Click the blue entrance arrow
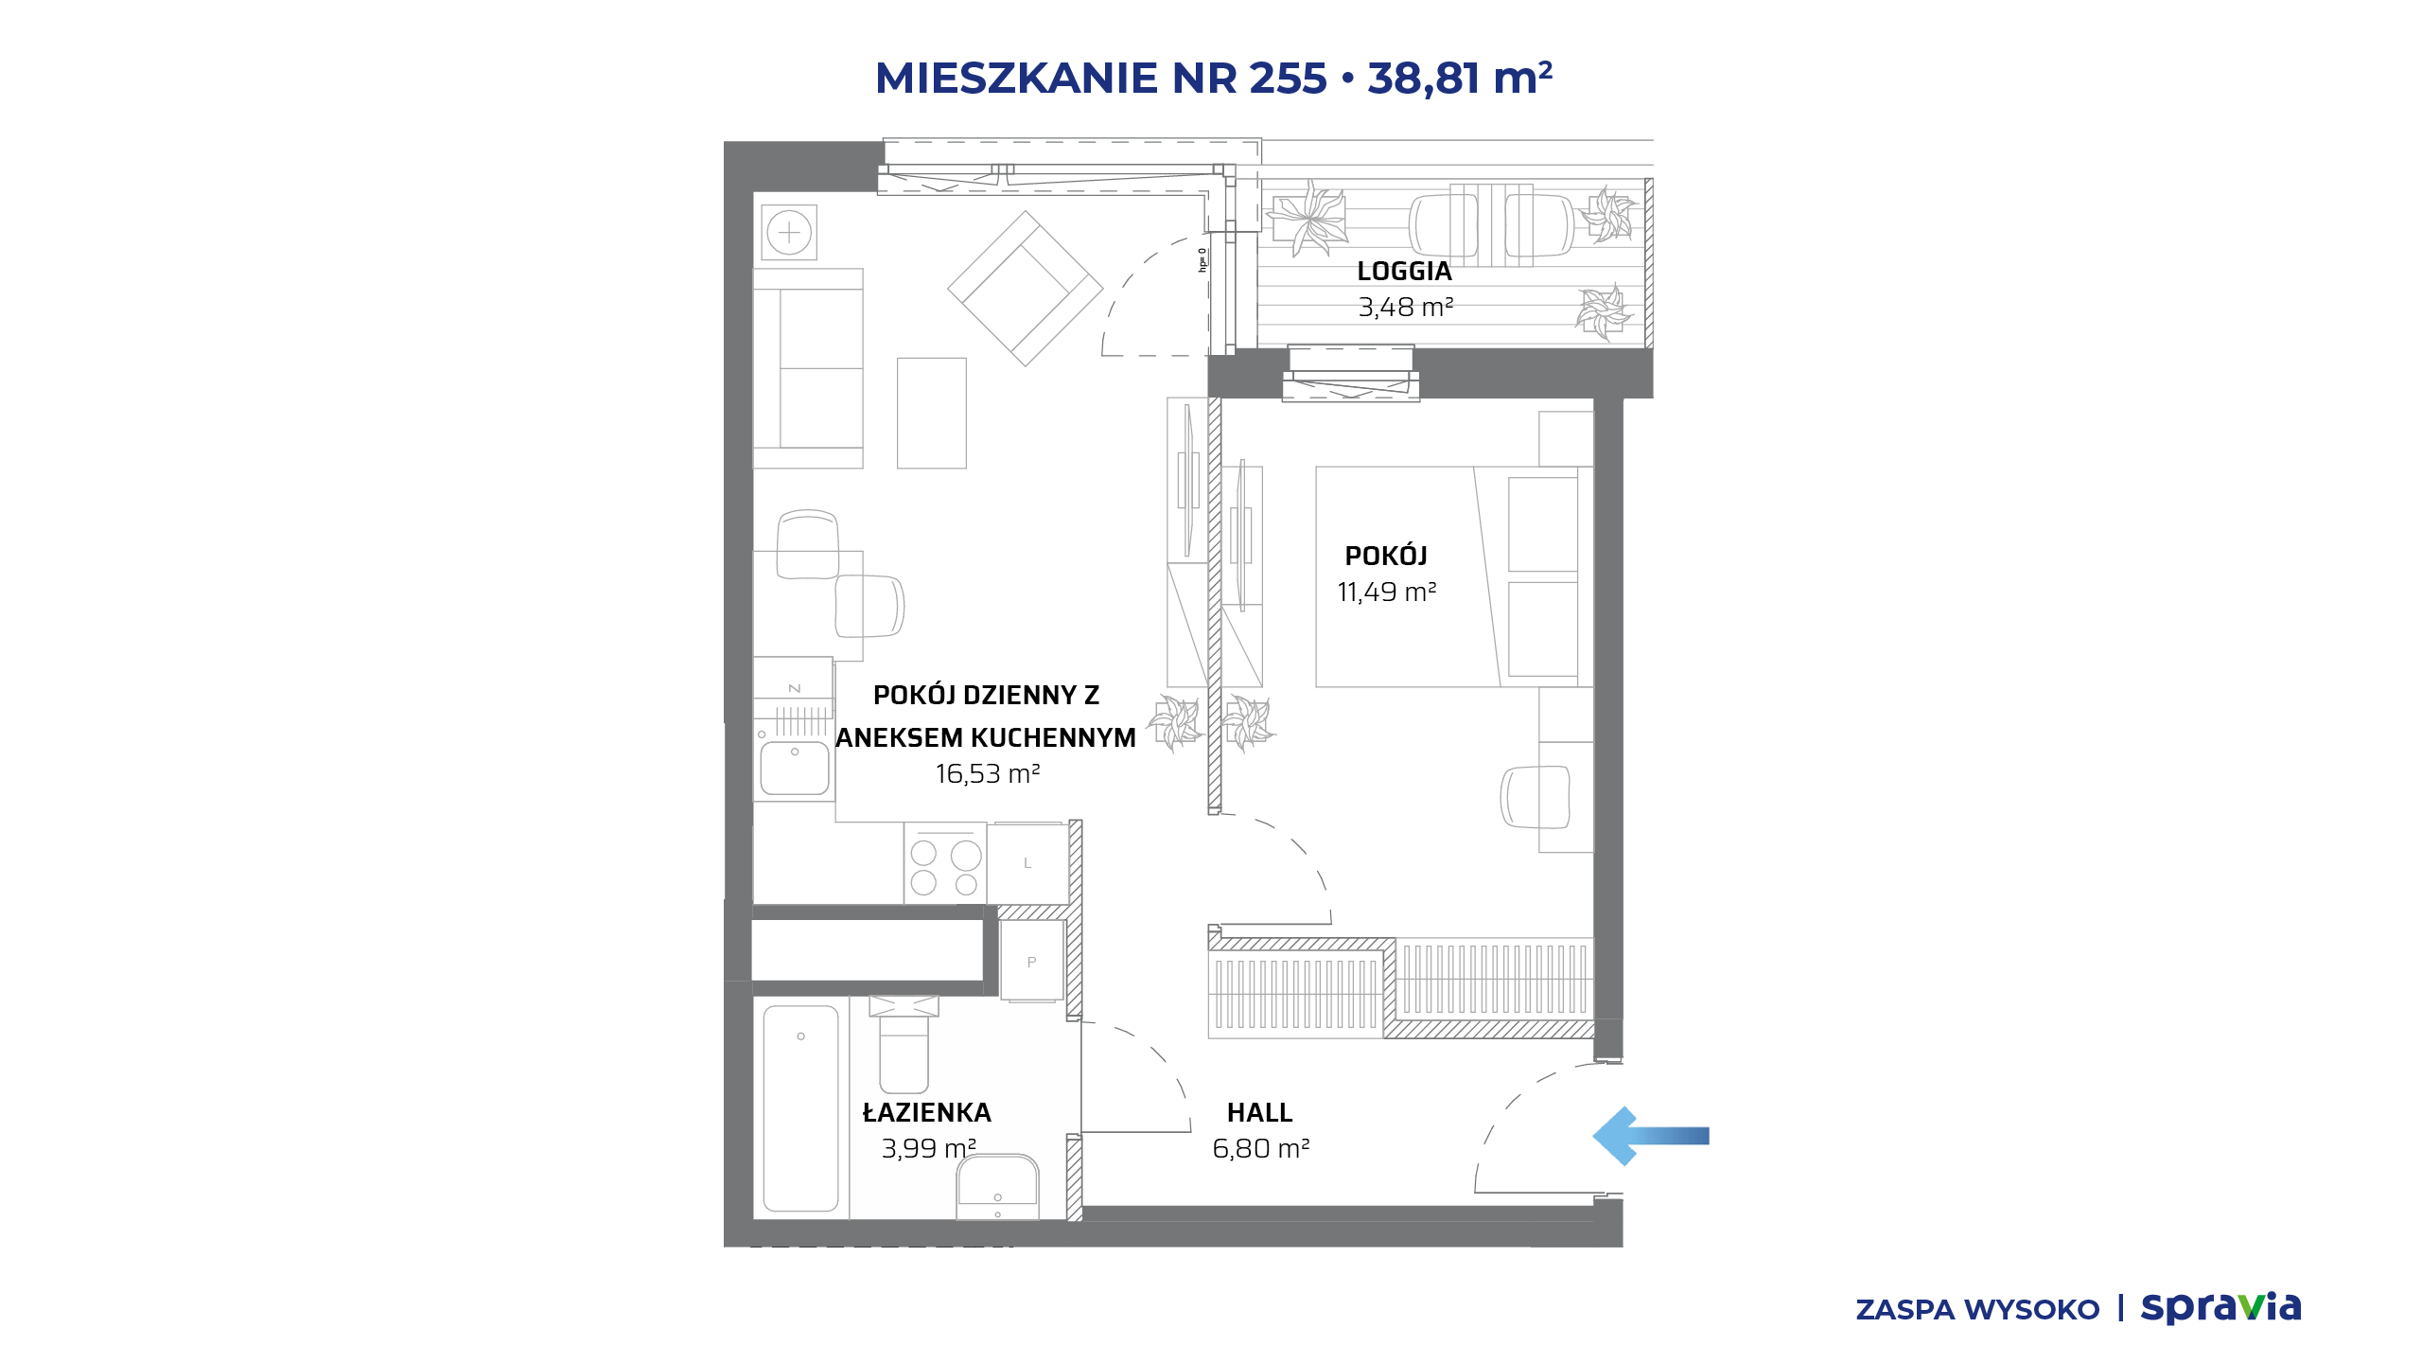pos(1651,1136)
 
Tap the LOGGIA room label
pos(1404,272)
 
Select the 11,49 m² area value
pos(1386,593)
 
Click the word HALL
pos(1259,1113)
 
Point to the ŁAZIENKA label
pos(926,1112)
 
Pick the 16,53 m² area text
pos(988,774)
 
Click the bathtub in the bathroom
pos(800,1108)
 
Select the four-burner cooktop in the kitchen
pos(945,863)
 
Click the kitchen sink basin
pos(795,768)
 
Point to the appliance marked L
pos(1027,863)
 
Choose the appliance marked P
pos(1031,962)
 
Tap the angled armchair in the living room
pos(1026,288)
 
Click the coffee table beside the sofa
pos(932,413)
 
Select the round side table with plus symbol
pos(789,233)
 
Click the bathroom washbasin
pos(997,1187)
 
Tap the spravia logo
pos(2220,1307)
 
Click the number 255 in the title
pos(1288,79)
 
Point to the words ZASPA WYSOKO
pos(1977,1310)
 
